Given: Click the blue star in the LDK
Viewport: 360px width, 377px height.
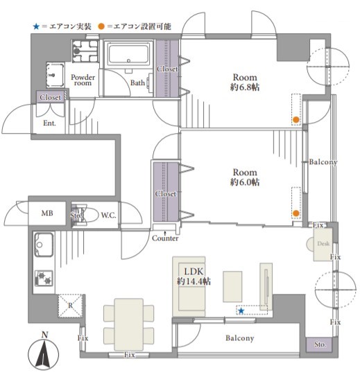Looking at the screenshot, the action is click(241, 311).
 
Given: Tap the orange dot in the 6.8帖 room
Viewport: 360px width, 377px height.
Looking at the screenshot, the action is click(296, 119).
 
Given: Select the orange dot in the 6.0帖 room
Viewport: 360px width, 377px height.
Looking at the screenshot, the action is click(296, 213).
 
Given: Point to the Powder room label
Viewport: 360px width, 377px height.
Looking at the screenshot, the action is click(83, 80).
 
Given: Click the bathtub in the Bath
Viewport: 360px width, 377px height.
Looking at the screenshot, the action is click(128, 54).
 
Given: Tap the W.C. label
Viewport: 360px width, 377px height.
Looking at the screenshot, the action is click(108, 215).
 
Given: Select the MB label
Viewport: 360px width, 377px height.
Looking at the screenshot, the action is click(47, 213).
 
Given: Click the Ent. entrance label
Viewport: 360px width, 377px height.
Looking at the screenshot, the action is click(49, 123).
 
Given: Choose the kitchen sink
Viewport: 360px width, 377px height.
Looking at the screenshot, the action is click(44, 245).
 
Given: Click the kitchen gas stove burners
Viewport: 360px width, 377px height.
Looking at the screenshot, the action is click(44, 278).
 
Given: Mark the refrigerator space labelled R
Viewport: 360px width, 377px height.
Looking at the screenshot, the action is click(70, 306).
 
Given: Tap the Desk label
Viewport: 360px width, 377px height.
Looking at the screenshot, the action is click(323, 243).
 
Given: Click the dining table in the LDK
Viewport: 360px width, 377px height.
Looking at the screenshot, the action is click(129, 324).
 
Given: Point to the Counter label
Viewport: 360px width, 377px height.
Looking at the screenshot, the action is click(165, 238).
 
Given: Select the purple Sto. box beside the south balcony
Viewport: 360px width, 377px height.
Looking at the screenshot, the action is click(319, 344).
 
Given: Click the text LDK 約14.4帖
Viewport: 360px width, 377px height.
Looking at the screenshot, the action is click(194, 276).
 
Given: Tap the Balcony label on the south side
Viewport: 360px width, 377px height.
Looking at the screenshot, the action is click(240, 338).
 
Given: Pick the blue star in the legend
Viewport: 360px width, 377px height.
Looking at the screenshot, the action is click(36, 26).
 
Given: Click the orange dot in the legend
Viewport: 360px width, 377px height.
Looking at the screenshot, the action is click(101, 26).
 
